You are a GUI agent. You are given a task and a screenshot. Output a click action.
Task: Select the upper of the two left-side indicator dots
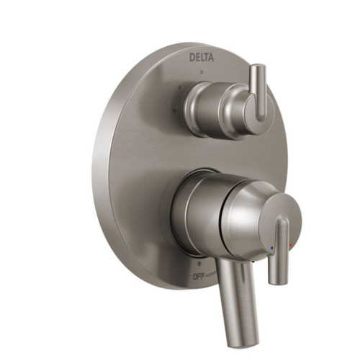[179, 87]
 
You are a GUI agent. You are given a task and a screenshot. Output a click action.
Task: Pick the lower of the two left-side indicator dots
[172, 110]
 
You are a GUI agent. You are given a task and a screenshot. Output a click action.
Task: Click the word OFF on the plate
[199, 276]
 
